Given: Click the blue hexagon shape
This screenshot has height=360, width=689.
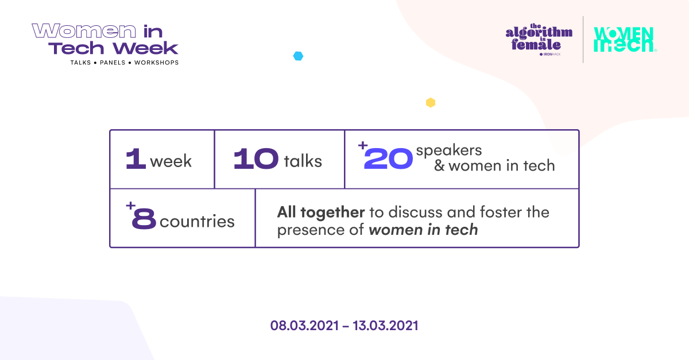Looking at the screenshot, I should (298, 56).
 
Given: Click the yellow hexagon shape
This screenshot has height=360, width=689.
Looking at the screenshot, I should (430, 103).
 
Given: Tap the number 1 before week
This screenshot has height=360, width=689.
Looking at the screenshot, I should (135, 160).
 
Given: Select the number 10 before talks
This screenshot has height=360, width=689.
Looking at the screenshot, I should (256, 160).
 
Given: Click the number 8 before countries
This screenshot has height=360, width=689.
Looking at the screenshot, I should (143, 220).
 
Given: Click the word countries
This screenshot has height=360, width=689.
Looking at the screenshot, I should (197, 222).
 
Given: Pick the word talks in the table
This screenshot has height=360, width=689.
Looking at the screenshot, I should (303, 161).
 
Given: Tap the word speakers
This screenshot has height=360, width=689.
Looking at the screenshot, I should (449, 150).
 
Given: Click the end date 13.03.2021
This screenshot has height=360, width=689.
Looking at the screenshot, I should (385, 326).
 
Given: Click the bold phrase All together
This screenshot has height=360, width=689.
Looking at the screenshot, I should (321, 212).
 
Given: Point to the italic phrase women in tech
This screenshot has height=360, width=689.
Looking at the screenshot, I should (423, 230).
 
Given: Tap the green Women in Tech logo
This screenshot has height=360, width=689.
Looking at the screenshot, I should (624, 40).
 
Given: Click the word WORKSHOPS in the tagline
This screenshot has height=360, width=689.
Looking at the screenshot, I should (156, 62).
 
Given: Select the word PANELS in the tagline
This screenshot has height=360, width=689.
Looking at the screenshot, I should (113, 62).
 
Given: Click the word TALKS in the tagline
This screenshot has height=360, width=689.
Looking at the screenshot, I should (80, 62).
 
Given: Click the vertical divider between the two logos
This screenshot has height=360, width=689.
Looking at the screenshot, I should (583, 40).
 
